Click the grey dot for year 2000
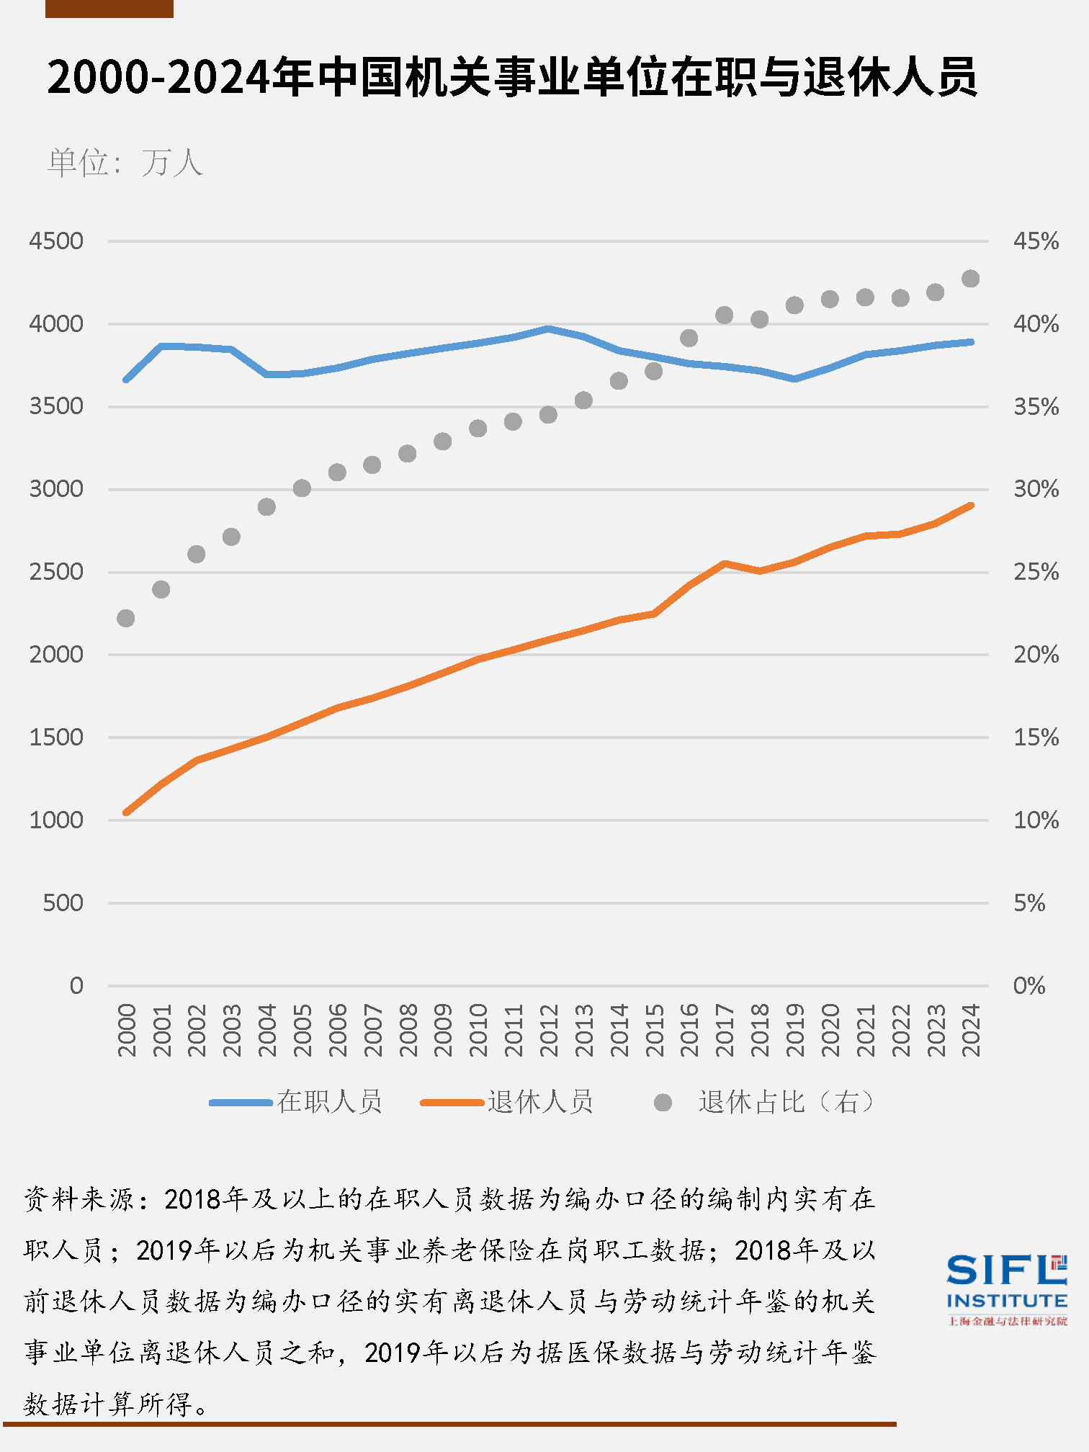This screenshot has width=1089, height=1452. (126, 618)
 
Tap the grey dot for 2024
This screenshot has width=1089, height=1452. (970, 279)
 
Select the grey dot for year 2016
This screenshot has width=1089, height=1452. (689, 338)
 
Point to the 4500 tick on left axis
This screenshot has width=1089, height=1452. (56, 241)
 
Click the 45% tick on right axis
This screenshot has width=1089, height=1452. (1036, 241)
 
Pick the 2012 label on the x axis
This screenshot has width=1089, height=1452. (549, 1031)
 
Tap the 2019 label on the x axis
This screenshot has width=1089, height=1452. (794, 1031)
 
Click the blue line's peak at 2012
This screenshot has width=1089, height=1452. (549, 329)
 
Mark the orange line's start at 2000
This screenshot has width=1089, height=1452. (127, 812)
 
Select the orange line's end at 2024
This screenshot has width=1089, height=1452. (971, 506)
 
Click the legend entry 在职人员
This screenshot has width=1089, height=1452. (329, 1102)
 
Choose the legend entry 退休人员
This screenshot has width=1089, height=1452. (539, 1102)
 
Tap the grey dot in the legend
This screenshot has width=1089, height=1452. (663, 1103)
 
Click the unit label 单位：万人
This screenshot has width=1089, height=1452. (125, 163)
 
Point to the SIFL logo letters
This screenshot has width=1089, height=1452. (998, 1270)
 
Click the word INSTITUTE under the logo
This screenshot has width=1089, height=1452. (1006, 1301)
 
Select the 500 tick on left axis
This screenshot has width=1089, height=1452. (63, 902)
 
